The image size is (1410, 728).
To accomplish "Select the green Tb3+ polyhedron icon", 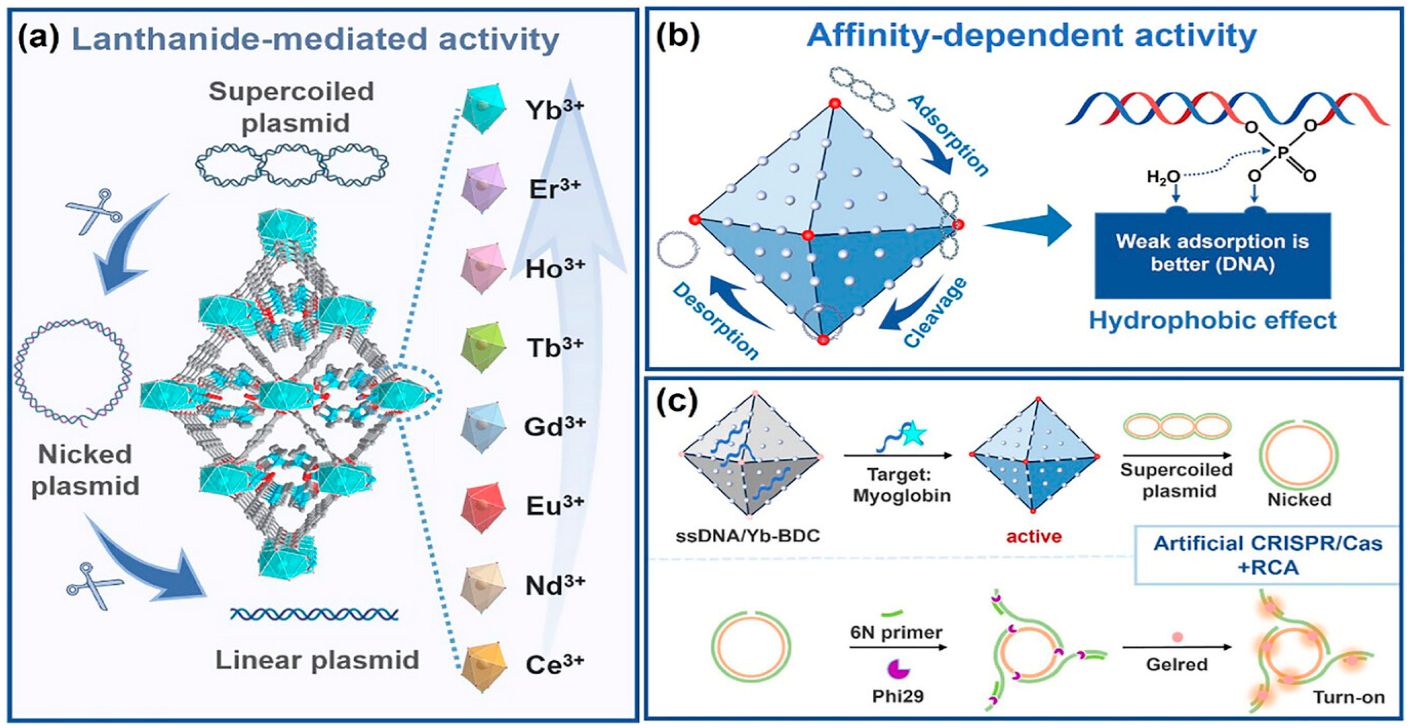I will (482, 348).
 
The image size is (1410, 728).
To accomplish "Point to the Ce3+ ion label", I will (554, 663).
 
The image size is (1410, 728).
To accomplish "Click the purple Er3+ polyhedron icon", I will (482, 188).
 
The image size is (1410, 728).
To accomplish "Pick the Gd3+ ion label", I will (554, 427).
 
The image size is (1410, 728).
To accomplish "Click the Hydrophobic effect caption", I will (1212, 320).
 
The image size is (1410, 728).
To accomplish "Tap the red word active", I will (1034, 536).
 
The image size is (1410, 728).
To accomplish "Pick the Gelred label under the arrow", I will (1177, 664).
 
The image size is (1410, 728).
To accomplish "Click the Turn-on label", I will (1348, 697).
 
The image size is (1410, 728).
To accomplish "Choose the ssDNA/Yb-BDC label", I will (748, 535).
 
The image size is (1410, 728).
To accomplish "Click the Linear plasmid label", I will (317, 660).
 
